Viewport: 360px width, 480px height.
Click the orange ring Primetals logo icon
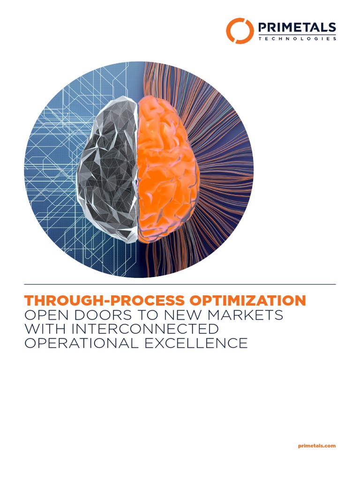pos(240,30)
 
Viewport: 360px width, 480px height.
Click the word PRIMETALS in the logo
pos(297,27)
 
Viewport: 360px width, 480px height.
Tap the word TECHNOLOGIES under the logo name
pos(297,39)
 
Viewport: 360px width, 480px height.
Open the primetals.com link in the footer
pos(317,446)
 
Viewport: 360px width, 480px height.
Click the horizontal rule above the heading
pos(180,285)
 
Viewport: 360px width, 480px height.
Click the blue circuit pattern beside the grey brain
pos(52,164)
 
